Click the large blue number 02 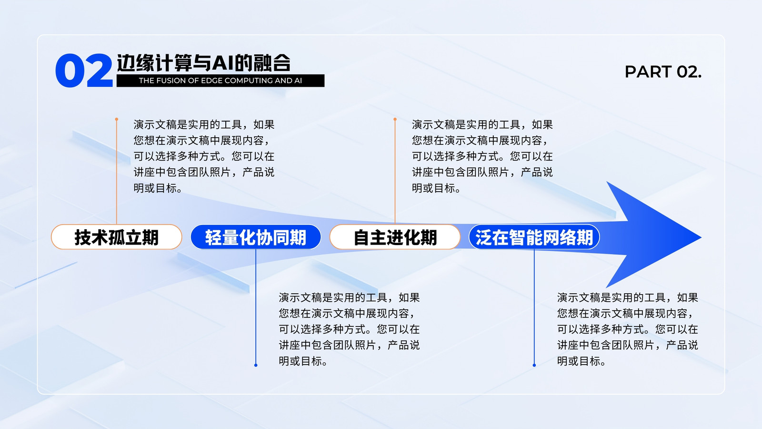click(84, 71)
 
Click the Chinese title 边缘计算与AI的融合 click(204, 63)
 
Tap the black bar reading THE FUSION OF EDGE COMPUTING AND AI click(221, 81)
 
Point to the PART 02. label click(663, 72)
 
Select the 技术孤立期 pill click(116, 237)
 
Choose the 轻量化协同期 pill click(256, 237)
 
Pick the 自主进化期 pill click(395, 237)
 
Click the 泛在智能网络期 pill click(534, 237)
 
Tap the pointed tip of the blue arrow click(701, 237)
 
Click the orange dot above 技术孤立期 click(117, 119)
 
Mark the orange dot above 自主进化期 click(395, 119)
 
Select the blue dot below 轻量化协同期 click(256, 365)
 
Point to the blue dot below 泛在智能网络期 click(534, 365)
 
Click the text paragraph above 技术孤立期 click(204, 156)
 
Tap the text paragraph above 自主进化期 click(482, 156)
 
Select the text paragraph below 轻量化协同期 click(350, 329)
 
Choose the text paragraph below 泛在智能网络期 click(628, 329)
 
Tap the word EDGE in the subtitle click(212, 81)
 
